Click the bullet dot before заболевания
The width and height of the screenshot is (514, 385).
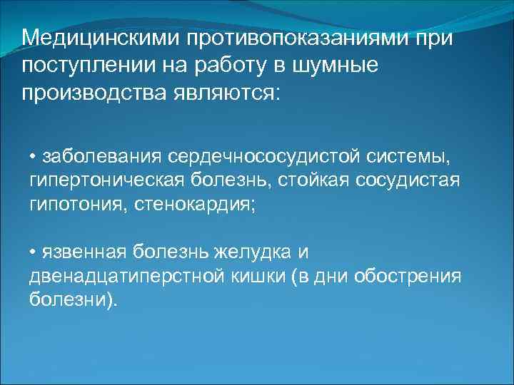(33, 156)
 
